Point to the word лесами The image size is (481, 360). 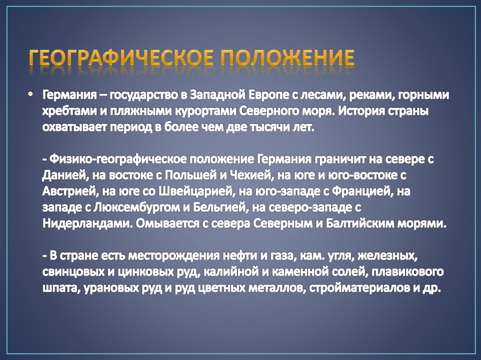point(336,96)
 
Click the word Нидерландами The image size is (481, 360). point(84,223)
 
